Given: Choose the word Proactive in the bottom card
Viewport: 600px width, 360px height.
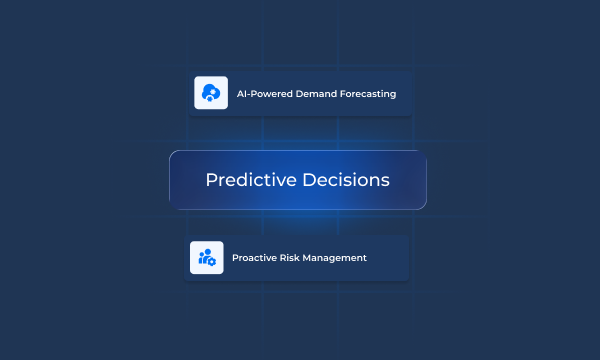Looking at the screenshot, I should [255, 258].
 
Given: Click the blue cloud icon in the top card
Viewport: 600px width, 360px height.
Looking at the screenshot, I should [210, 93].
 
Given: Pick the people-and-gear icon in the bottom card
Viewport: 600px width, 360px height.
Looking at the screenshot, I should [207, 257].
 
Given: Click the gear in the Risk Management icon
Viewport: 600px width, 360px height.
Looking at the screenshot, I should [212, 261].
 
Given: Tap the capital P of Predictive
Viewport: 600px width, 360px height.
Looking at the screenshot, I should [210, 180].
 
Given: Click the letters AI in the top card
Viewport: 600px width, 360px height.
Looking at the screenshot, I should [241, 94].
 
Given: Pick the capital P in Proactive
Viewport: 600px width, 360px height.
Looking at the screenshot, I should [235, 258].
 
